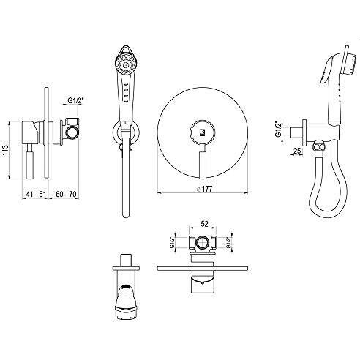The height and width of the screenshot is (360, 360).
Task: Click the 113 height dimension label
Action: pos(5,150)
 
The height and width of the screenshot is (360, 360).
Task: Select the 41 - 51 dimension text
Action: pos(36,194)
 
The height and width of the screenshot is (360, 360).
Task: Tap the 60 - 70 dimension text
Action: pos(66,194)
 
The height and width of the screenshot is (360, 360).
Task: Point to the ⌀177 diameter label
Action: pos(204,189)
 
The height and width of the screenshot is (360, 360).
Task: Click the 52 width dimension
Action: pos(204,224)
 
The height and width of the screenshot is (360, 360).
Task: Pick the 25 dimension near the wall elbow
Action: pos(297,151)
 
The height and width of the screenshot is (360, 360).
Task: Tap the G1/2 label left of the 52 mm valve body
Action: pos(173,242)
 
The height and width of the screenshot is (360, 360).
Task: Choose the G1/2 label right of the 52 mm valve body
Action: pos(228,242)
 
